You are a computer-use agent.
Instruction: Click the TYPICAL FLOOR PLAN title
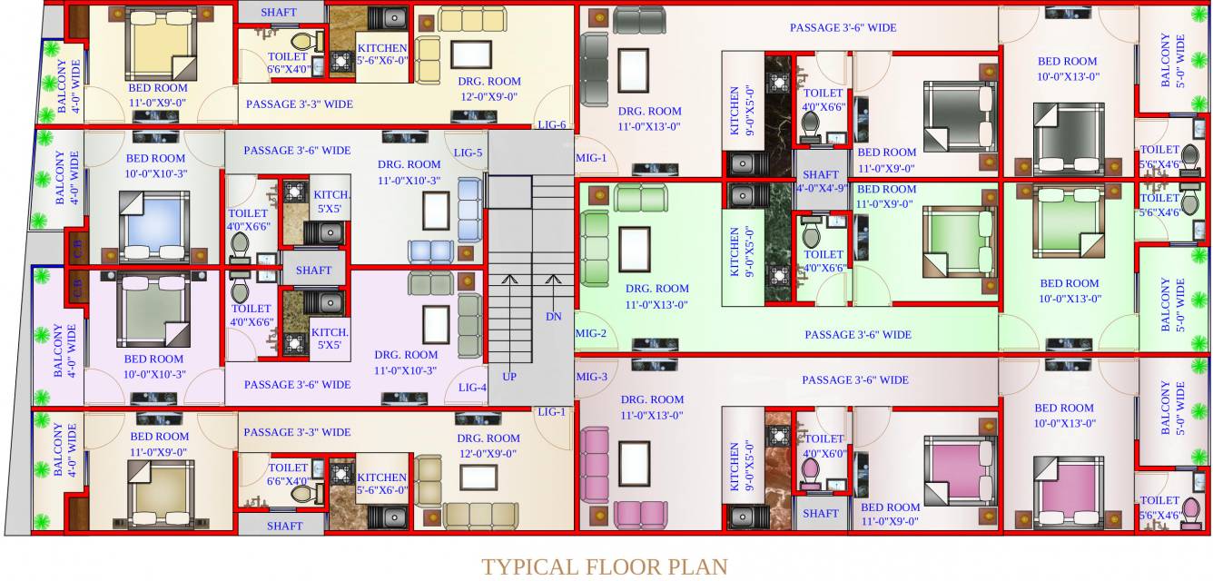(605, 567)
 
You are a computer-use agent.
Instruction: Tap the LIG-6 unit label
(551, 125)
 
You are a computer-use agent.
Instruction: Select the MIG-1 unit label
(591, 158)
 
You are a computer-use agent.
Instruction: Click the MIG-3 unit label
(591, 377)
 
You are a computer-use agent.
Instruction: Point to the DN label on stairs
(553, 317)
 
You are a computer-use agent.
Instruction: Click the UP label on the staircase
(509, 375)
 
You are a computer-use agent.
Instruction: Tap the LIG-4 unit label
(472, 388)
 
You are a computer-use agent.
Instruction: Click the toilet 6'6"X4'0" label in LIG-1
(289, 475)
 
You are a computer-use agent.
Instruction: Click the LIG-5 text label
(468, 153)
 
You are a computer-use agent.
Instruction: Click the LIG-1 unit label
(551, 412)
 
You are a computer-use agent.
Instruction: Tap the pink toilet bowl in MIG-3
(811, 472)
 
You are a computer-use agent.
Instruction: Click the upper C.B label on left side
(77, 246)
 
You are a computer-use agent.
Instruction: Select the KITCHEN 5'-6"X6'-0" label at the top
(381, 54)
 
